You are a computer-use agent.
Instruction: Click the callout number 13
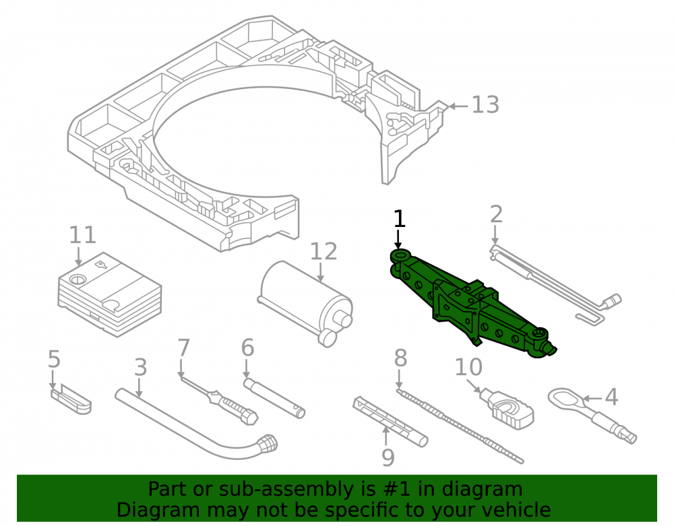click(485, 104)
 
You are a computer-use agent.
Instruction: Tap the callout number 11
click(82, 235)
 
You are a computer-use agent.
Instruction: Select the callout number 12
click(324, 251)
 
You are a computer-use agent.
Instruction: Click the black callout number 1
click(399, 219)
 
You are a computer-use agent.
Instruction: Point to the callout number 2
click(496, 214)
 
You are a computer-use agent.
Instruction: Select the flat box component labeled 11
click(110, 294)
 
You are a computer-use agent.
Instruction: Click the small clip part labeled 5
click(71, 399)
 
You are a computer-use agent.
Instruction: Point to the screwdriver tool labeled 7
click(219, 400)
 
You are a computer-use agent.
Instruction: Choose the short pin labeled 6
click(274, 397)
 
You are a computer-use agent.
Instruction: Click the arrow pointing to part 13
click(458, 106)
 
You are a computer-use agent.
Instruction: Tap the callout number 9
click(388, 458)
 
